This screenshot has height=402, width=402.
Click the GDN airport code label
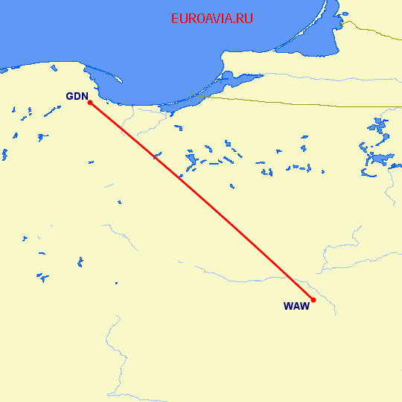coord(77,96)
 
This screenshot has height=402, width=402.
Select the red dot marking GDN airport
coord(89,103)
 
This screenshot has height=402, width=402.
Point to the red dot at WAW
coord(313,300)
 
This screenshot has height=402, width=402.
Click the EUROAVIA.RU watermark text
coord(211,19)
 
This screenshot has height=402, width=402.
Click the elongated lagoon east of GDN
coord(216,87)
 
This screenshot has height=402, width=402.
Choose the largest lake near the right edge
coord(377,159)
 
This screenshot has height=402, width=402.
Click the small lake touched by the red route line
coord(156,156)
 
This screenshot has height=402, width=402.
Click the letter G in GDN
coord(71,96)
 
